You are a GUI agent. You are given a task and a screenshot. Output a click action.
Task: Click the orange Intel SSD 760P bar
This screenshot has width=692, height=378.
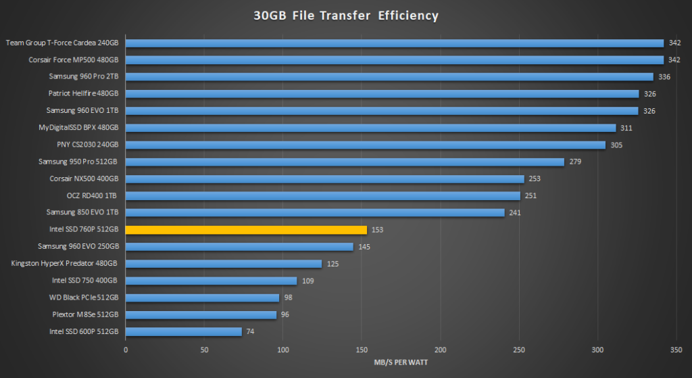click(246, 230)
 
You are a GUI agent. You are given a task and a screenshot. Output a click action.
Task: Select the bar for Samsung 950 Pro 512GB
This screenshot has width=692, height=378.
click(345, 162)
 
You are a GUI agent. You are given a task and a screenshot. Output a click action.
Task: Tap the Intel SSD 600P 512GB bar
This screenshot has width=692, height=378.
click(184, 332)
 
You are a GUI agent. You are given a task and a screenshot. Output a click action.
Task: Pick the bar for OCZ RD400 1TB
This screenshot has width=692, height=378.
click(323, 195)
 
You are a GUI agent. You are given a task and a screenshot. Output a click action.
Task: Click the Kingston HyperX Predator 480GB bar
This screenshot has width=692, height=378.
click(224, 264)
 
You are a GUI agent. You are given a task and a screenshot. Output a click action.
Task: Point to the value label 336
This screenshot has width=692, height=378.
click(664, 77)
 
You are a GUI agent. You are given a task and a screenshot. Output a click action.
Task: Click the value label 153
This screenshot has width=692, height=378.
click(377, 230)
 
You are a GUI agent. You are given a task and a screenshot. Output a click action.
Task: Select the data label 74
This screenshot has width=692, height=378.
click(251, 332)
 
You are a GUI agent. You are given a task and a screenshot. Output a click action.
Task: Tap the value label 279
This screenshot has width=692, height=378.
click(575, 162)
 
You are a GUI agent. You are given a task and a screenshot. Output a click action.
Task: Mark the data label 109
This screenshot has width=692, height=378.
click(307, 281)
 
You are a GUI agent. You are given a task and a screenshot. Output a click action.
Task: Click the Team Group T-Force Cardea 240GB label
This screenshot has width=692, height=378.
click(62, 43)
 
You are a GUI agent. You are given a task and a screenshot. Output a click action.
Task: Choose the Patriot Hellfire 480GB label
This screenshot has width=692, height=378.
click(83, 93)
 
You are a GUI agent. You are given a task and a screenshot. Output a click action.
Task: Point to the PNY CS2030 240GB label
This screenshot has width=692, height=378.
click(88, 145)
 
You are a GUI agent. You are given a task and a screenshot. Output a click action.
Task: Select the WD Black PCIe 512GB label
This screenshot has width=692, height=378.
click(84, 298)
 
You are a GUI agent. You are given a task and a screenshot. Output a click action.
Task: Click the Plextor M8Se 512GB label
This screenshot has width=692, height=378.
click(85, 314)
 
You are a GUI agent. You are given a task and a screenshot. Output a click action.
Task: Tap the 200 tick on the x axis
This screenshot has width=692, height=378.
click(441, 350)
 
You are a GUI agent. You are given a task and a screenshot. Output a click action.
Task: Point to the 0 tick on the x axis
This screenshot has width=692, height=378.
click(126, 350)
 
